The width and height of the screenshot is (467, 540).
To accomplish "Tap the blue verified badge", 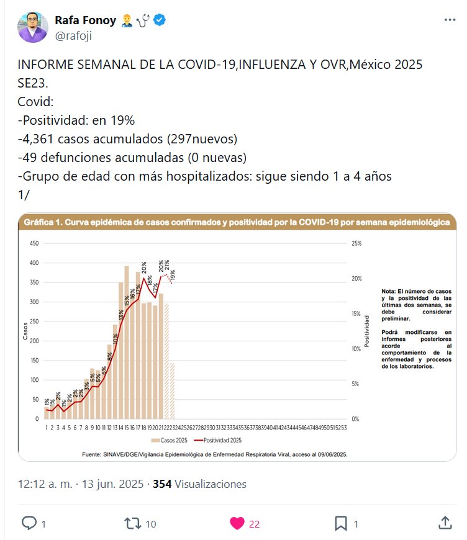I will tap(160, 20).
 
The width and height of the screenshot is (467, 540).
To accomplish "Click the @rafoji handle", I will tap(76, 36).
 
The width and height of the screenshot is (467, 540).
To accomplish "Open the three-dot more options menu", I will tap(450, 20).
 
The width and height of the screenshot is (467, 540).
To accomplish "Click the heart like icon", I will tap(237, 523).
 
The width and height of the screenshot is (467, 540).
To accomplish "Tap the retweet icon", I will tap(133, 523).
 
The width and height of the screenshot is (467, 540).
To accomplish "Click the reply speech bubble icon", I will tap(29, 523).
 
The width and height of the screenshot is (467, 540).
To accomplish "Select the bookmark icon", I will tap(340, 523).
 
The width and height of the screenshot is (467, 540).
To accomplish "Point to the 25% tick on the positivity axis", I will tap(356, 244).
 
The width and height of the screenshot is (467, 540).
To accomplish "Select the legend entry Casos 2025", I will tap(174, 440).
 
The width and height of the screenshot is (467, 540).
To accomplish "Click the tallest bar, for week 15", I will tap(127, 342).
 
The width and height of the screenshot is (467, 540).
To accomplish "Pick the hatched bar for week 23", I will tap(172, 391).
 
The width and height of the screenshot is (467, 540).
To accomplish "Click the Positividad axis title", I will tap(367, 330).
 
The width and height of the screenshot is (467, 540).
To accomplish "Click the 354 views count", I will tap(162, 484).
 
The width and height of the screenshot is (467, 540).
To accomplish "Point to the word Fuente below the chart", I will tap(93, 454).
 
